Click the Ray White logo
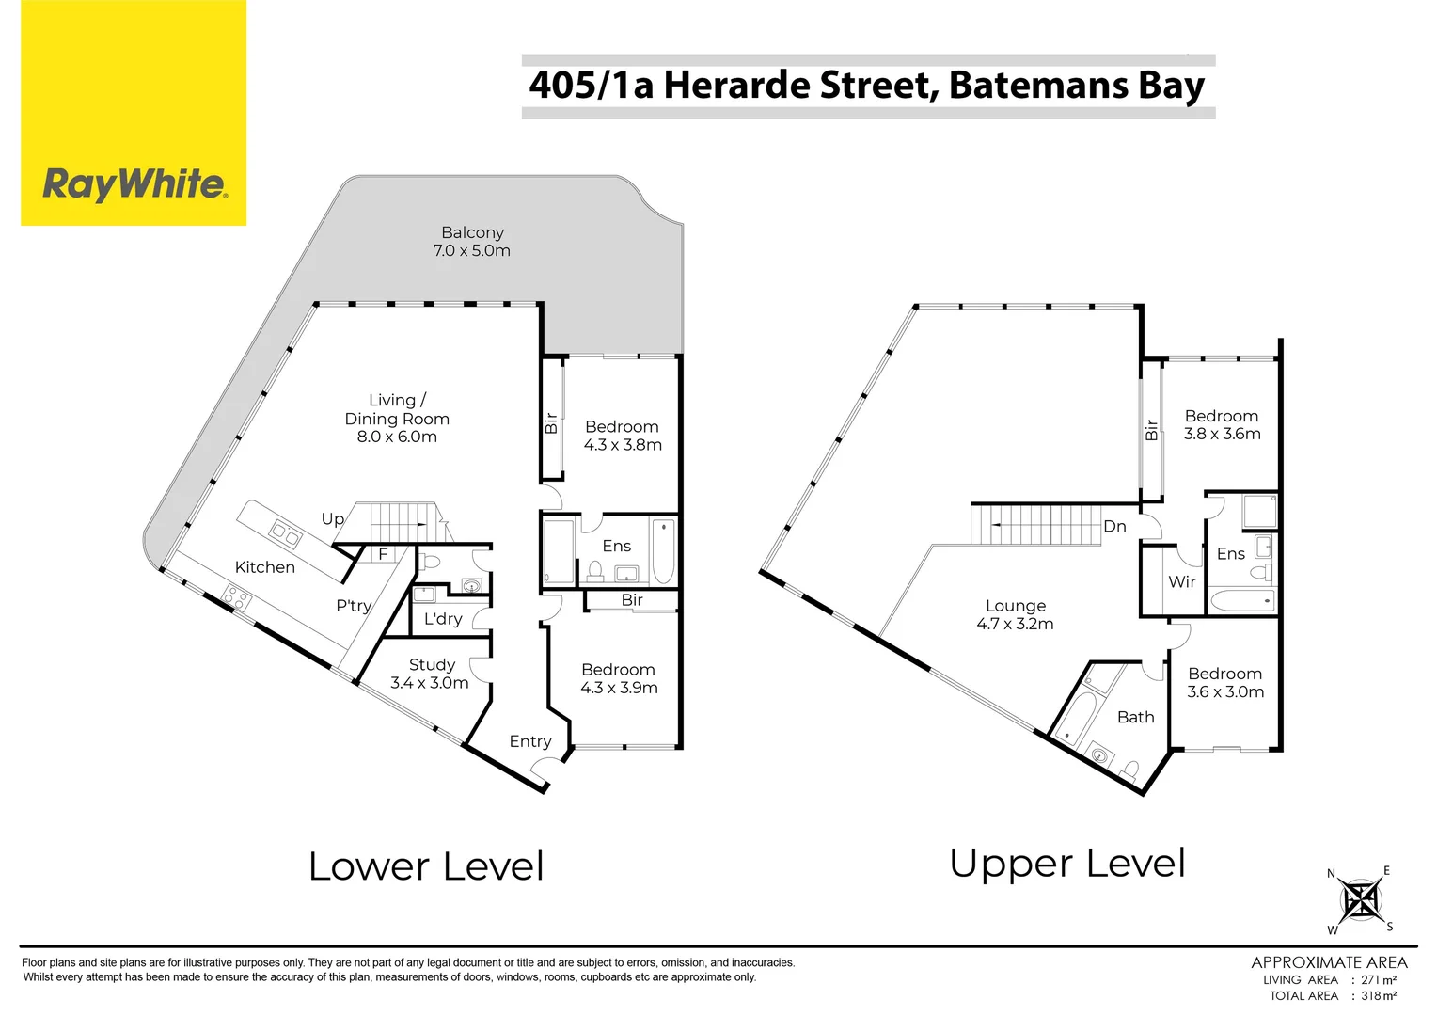pos(134,183)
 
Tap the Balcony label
pos(472,232)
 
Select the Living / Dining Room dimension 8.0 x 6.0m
pos(397,437)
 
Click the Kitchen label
pos(264,567)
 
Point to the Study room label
pos(432,664)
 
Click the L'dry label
pos(442,619)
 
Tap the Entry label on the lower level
pos(530,741)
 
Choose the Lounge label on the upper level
pos(1016,606)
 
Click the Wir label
pos(1182,582)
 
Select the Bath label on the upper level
pos(1135,717)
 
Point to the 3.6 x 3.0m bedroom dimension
pos(1225,692)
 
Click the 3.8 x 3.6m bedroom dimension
pos(1222,434)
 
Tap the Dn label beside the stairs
pos(1114,527)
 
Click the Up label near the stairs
pos(332,519)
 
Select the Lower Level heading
pos(426,866)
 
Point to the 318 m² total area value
pos(1379,995)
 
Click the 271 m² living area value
pos(1379,979)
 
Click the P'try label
pos(354,606)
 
